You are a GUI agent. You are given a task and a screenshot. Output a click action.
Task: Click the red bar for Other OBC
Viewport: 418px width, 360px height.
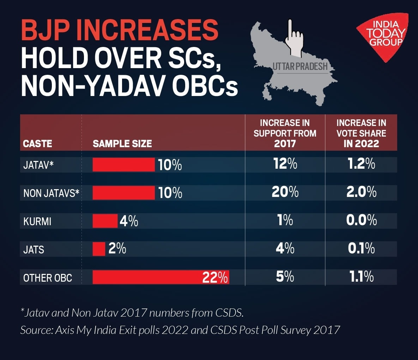click(148, 277)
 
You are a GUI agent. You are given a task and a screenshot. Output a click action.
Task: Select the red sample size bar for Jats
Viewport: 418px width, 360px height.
click(99, 249)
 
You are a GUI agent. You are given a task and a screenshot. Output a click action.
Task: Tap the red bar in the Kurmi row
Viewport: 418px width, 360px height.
click(105, 221)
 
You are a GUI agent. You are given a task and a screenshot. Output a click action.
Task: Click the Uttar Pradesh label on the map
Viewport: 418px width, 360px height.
click(300, 66)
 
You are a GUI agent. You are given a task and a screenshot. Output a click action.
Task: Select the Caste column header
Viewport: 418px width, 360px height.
click(37, 144)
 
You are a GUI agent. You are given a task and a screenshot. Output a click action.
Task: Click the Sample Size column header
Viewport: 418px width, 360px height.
click(122, 144)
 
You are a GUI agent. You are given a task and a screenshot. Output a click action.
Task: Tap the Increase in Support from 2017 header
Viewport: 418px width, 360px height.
click(285, 133)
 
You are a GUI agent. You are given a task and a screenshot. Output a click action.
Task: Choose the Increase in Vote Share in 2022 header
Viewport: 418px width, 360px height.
click(361, 133)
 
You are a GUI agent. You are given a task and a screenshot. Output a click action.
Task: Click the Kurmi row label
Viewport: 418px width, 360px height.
click(37, 221)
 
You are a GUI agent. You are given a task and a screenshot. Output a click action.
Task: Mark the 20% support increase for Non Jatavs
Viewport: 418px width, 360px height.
click(285, 192)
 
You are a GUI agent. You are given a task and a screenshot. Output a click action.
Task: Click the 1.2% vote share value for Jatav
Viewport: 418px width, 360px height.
click(361, 164)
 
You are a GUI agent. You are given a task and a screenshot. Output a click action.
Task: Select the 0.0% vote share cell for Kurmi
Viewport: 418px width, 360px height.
click(361, 221)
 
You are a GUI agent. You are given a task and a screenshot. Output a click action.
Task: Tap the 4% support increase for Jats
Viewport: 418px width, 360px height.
click(285, 249)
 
